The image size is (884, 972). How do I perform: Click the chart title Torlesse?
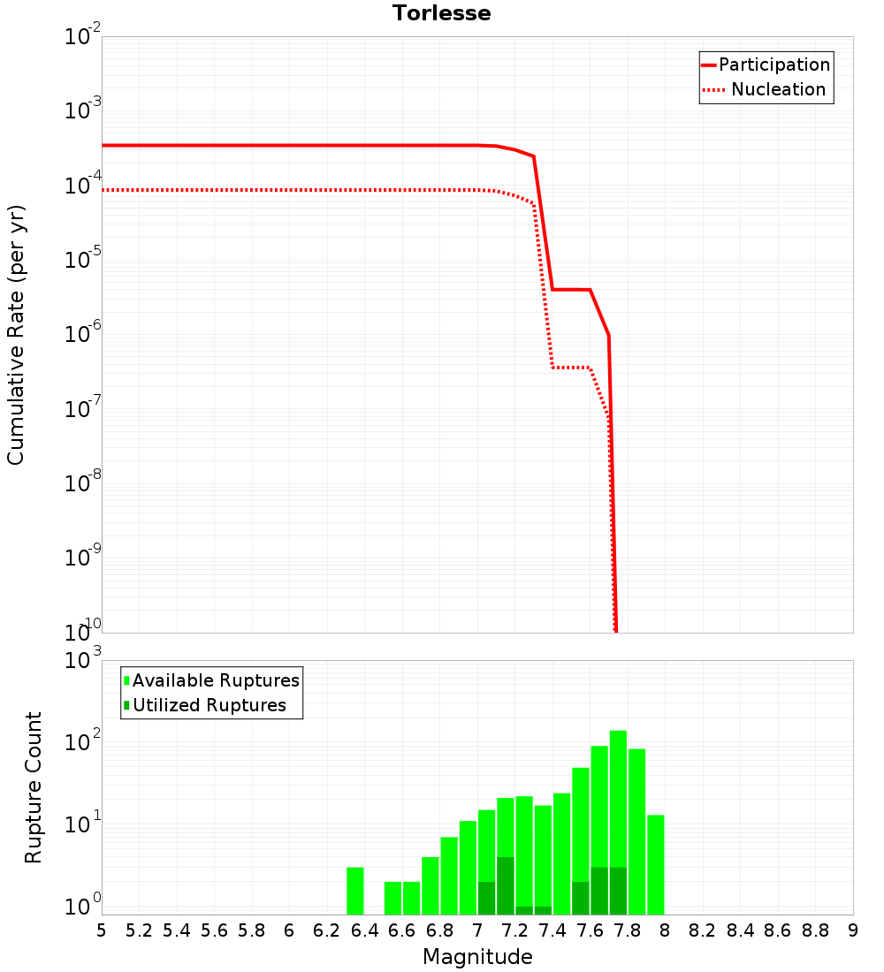coord(441,13)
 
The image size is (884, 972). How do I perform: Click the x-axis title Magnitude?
coord(477,957)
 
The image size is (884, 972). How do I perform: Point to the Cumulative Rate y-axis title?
coord(16,334)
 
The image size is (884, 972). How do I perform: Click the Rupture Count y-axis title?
coord(34,786)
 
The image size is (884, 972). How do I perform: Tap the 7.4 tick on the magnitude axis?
coord(552,930)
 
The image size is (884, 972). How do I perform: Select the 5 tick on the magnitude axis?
coord(102,930)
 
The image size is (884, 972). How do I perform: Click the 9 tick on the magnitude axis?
coord(853,930)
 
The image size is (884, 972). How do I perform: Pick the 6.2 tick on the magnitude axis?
coord(326,930)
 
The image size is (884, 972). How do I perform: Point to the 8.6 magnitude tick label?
coord(778,930)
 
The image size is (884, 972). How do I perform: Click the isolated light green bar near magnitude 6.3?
coord(354,891)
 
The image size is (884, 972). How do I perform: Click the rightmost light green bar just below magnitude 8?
coord(655,864)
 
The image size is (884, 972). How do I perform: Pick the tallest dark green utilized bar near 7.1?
coord(505,885)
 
